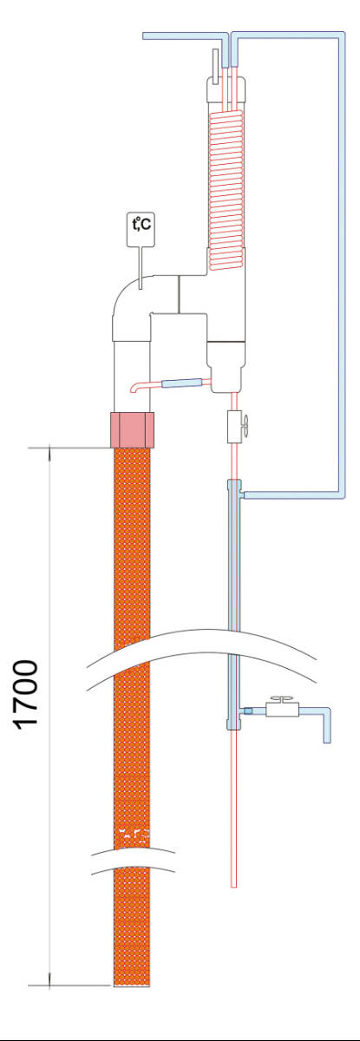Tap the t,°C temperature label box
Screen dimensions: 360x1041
141,229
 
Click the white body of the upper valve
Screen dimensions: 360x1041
233,427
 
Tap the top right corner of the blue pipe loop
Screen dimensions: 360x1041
343,34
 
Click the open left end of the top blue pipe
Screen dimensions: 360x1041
145,36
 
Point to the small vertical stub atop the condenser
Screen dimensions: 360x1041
215,67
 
